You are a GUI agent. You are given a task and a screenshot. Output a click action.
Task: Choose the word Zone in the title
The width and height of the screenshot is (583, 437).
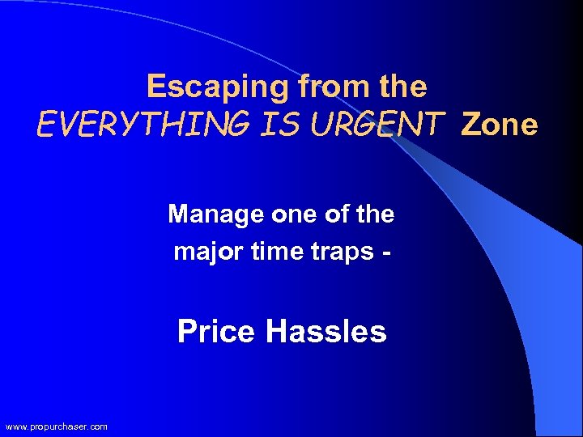499,125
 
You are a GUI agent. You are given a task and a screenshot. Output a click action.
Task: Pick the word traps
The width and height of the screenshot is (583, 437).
336,252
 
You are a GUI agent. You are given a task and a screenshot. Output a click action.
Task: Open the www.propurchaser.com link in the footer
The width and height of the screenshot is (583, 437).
56,426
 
